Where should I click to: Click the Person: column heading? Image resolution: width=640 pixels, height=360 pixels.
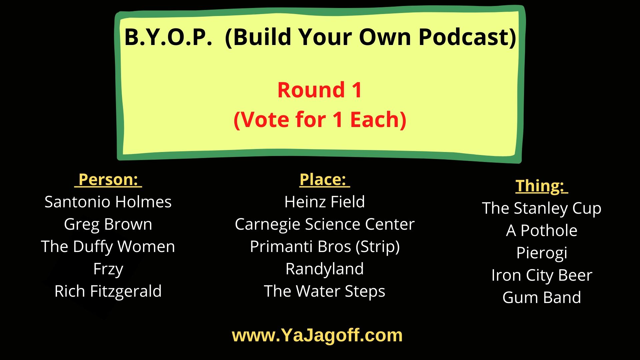click(x=108, y=180)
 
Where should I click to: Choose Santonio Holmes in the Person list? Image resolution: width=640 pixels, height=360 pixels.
click(x=108, y=202)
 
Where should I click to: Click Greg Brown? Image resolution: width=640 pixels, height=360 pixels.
click(x=108, y=224)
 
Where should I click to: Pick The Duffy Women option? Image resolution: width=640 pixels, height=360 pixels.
click(x=108, y=247)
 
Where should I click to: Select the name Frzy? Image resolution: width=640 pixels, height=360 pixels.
click(x=108, y=269)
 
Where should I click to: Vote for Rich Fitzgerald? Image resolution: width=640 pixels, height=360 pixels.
click(x=108, y=291)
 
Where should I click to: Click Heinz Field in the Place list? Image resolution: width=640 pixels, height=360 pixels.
click(x=324, y=202)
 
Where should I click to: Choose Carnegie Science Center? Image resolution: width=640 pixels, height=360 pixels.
click(x=324, y=224)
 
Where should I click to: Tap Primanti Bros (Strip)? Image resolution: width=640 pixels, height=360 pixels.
click(x=324, y=247)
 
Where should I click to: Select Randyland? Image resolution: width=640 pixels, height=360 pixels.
click(x=324, y=269)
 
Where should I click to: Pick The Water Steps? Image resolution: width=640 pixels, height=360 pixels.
click(x=324, y=291)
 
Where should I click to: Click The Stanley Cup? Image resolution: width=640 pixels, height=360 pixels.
click(x=541, y=208)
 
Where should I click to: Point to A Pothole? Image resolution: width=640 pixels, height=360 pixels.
click(x=541, y=231)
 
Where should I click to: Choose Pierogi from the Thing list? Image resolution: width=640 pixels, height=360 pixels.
click(x=541, y=253)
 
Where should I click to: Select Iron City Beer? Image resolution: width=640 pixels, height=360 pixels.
click(x=541, y=275)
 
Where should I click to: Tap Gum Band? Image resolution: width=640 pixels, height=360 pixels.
click(x=541, y=298)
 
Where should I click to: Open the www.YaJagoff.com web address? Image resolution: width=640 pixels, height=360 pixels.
click(x=317, y=335)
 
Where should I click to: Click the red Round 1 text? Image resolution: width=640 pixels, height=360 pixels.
click(x=320, y=90)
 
